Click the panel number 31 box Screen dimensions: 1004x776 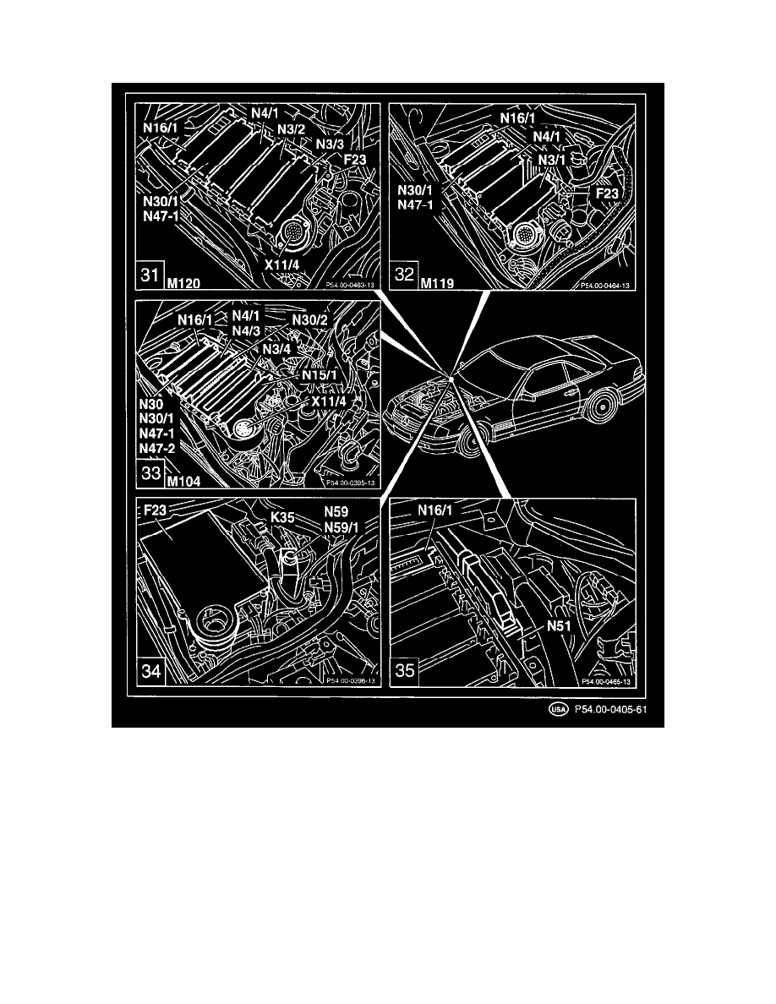click(150, 277)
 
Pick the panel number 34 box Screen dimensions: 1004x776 click(151, 673)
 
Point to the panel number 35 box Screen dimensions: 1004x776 click(405, 673)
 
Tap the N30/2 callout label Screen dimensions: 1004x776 click(311, 319)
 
